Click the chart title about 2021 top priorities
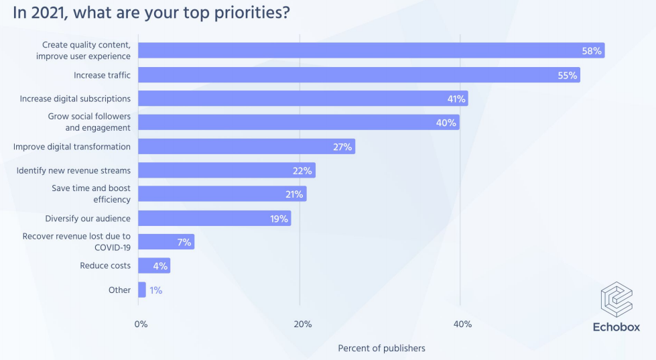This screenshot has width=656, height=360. pyautogui.click(x=151, y=13)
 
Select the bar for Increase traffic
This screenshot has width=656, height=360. pyautogui.click(x=358, y=75)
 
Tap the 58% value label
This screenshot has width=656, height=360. pyautogui.click(x=592, y=51)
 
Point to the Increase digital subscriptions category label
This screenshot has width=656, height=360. pyautogui.click(x=75, y=99)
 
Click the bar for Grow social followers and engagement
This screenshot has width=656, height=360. pyautogui.click(x=298, y=123)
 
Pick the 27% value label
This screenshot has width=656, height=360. pyautogui.click(x=342, y=147)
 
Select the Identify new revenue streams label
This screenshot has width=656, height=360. pyautogui.click(x=74, y=170)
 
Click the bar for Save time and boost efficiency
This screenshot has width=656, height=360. pyautogui.click(x=222, y=194)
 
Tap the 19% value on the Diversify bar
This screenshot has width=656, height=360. pyautogui.click(x=279, y=219)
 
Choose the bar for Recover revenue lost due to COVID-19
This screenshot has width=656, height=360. pyautogui.click(x=166, y=242)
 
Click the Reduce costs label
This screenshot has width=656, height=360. pyautogui.click(x=105, y=266)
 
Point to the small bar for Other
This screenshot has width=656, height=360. pyautogui.click(x=142, y=290)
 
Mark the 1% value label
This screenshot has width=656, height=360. pyautogui.click(x=155, y=290)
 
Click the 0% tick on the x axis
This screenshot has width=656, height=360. pyautogui.click(x=141, y=324)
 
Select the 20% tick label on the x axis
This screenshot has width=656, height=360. pyautogui.click(x=303, y=324)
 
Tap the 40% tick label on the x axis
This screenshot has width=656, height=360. pyautogui.click(x=462, y=324)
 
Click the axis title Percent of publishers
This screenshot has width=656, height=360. pyautogui.click(x=381, y=348)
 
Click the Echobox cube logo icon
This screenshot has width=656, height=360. pyautogui.click(x=616, y=299)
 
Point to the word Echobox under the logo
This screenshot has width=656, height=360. pyautogui.click(x=616, y=327)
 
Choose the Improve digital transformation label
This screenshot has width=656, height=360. pyautogui.click(x=72, y=147)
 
